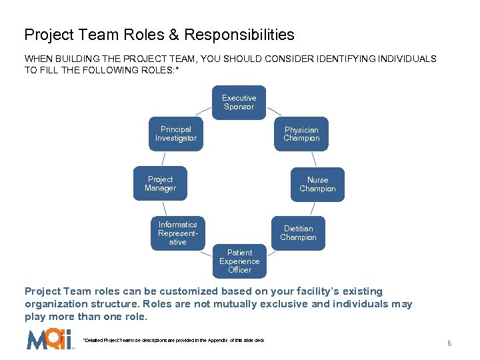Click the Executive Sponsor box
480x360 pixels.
239,102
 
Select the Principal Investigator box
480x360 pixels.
176,134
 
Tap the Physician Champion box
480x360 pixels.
301,134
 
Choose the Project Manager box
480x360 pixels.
160,183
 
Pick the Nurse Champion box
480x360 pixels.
317,184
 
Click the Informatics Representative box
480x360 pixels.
178,233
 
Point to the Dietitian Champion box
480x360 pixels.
298,233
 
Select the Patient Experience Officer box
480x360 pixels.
239,261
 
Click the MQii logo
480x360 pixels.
49,340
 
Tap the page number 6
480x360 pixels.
449,343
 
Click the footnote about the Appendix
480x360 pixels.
173,341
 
